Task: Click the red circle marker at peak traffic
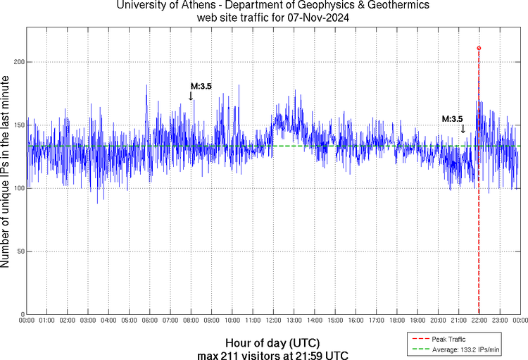479,48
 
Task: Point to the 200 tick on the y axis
18,62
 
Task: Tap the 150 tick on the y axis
18,125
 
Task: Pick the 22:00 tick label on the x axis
479,321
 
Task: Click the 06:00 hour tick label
150,321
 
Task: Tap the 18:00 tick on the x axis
396,321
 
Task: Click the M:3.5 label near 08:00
201,87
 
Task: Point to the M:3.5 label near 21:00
452,119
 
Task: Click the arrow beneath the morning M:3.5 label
191,97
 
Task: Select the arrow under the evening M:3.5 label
463,129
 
